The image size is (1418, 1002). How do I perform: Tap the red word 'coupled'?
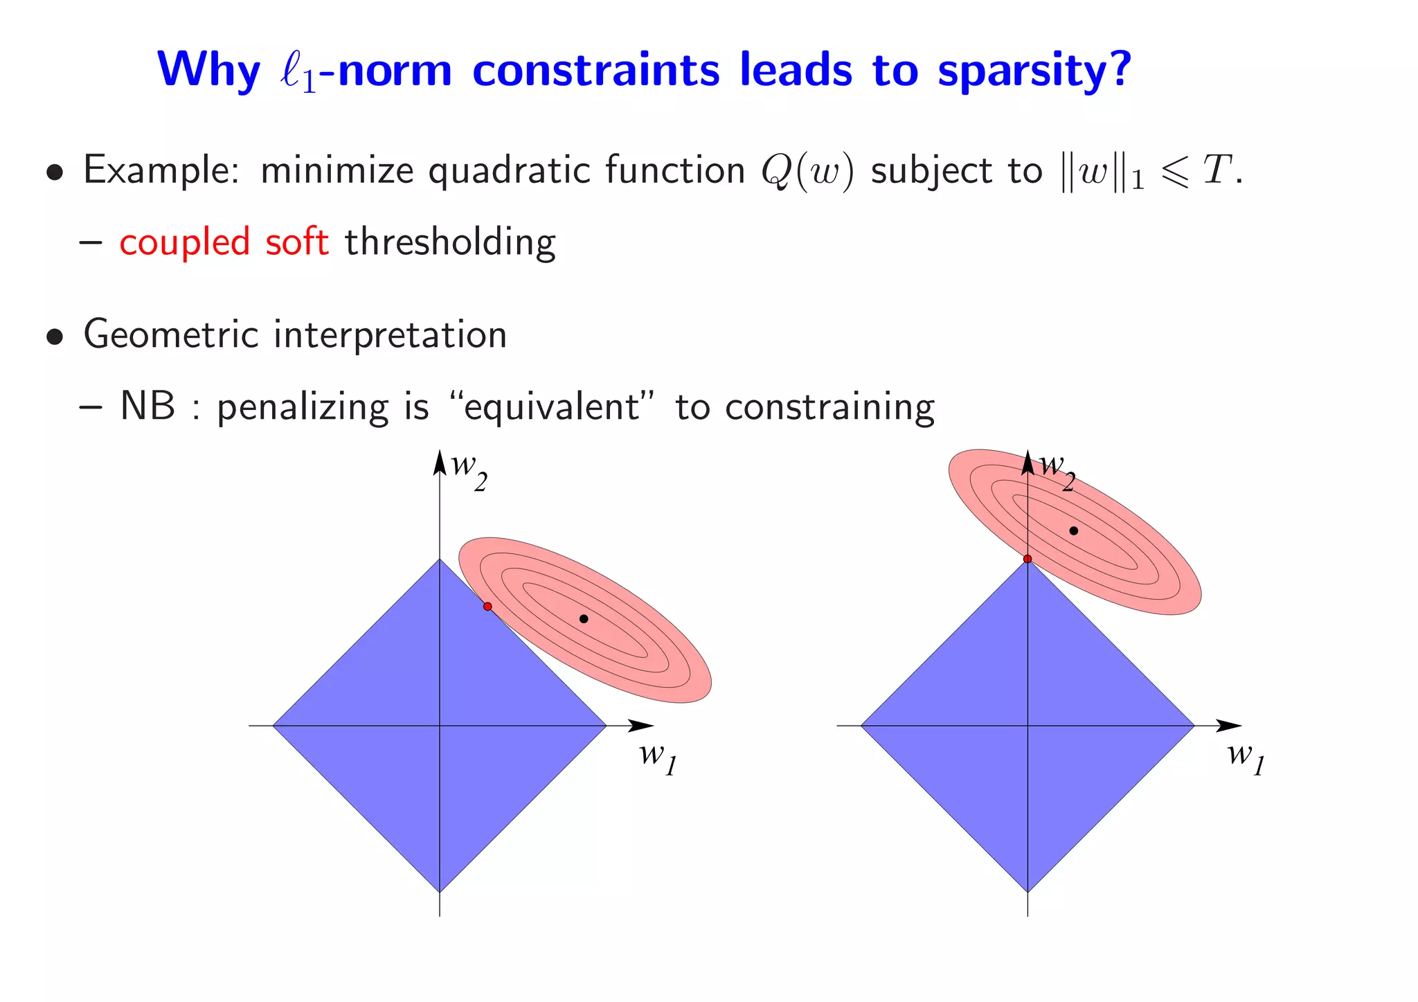coord(184,242)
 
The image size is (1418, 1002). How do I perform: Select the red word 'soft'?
coord(297,242)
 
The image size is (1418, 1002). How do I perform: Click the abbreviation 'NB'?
coord(147,406)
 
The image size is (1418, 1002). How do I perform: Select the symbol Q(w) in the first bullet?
coord(807,171)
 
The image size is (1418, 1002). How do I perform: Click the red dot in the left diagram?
coord(487,607)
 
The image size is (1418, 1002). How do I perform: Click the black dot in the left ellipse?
coord(584,618)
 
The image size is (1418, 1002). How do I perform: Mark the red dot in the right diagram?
coord(1027,559)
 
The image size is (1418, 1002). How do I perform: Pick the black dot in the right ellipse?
coord(1074,531)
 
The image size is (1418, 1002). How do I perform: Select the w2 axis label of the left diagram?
coord(469,471)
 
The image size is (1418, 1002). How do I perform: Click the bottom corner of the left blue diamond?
coord(440,891)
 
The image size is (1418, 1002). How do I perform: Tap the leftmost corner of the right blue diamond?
coord(862,726)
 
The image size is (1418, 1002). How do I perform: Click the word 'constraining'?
coord(829,407)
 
